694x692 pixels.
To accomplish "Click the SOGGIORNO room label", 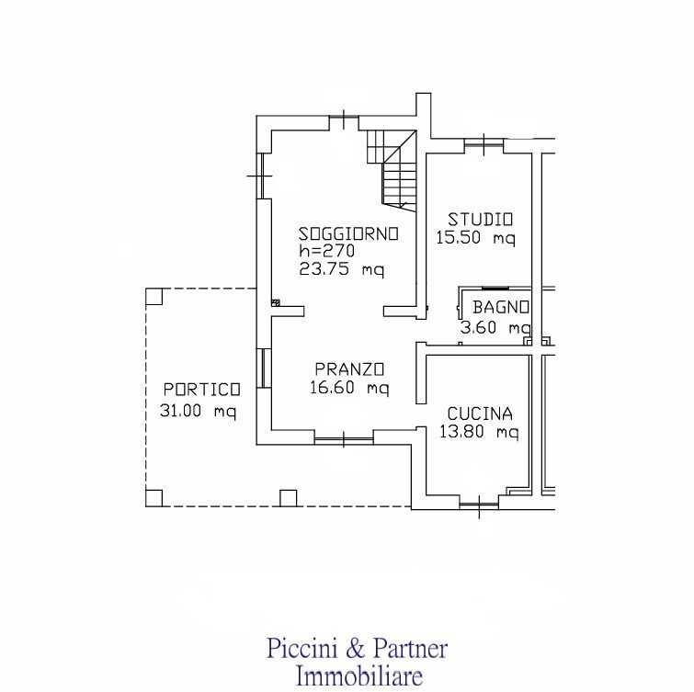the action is [348, 234].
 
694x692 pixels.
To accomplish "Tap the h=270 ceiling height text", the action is [326, 251].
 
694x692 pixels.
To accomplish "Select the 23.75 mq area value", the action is [342, 269].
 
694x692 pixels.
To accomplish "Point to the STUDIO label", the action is [480, 220].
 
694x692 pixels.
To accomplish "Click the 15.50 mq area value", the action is [476, 238].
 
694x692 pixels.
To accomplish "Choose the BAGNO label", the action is [501, 307].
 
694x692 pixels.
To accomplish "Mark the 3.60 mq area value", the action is [495, 328].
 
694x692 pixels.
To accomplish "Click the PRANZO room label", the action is [349, 369].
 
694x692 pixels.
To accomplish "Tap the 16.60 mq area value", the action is [349, 388].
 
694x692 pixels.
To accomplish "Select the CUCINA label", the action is [480, 414].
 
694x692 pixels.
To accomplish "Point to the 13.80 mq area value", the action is [479, 431].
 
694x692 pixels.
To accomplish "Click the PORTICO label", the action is [202, 390].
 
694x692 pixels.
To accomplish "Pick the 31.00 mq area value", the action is [199, 411].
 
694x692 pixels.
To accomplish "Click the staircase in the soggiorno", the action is [393, 169].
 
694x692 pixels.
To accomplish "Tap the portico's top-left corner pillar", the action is [154, 297].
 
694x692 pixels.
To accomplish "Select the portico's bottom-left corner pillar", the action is [154, 498].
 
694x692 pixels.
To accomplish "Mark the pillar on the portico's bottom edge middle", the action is [289, 498].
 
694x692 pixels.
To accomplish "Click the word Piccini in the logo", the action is [302, 649].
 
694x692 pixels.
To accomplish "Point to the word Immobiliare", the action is [358, 677].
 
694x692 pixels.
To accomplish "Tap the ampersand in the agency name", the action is [356, 649].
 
